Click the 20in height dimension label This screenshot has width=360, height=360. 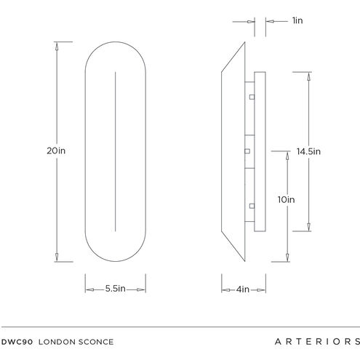point(56,151)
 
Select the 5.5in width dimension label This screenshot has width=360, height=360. point(116,289)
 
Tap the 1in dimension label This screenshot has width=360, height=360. point(297,21)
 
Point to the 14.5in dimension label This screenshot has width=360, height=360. point(308,151)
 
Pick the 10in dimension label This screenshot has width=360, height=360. point(287,199)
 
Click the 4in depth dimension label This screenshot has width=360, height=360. point(243,289)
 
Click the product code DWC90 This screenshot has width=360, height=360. point(15,341)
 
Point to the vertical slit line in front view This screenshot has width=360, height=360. point(116,151)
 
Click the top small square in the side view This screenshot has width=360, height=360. point(250,97)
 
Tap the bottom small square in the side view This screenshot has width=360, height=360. point(250,204)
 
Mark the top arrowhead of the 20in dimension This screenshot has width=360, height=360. point(57,46)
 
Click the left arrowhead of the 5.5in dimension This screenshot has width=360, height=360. point(88,289)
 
